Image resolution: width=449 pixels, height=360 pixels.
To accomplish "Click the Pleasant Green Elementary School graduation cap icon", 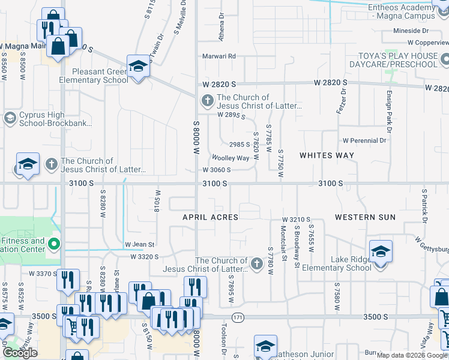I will (x=138, y=67).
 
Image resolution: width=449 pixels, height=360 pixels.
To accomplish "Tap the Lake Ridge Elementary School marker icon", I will (x=381, y=252).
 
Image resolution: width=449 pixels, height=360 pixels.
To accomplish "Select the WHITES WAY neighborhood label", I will (x=327, y=155).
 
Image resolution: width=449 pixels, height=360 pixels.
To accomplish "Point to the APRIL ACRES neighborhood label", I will (x=211, y=217).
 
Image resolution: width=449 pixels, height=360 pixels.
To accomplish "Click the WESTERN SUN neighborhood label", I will (x=365, y=217).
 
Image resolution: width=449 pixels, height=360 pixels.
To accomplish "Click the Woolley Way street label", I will (x=230, y=158).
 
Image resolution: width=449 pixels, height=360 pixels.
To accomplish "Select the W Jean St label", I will (x=140, y=245).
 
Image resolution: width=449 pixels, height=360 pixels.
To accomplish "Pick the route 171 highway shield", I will (x=238, y=317).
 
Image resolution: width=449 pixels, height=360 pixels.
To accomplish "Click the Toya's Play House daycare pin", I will (x=445, y=59).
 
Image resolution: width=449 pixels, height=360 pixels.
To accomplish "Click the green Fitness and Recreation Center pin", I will (x=54, y=244).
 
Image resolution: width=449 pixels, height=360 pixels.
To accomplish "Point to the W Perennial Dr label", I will (x=364, y=141).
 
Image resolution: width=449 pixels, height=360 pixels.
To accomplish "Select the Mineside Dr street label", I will (x=411, y=31).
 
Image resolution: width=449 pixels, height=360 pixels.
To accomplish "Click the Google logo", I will (x=20, y=353).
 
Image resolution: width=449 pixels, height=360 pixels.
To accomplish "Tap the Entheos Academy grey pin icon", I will (x=441, y=7).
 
